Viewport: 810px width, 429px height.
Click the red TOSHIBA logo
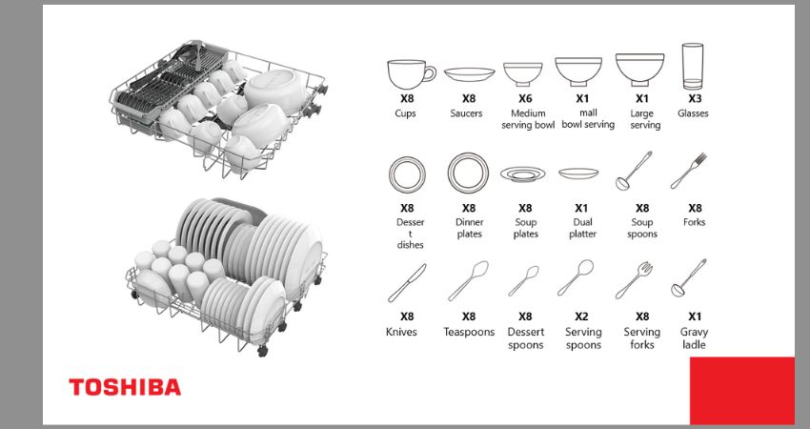125,387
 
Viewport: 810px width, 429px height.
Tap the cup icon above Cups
412,74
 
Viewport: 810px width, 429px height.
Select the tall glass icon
692,67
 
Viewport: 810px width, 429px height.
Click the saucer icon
469,74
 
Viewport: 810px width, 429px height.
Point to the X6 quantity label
525,98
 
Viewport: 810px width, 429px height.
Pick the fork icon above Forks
688,171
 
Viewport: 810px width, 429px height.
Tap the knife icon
407,283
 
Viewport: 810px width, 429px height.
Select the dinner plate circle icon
468,174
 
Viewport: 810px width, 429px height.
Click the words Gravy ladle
694,338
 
